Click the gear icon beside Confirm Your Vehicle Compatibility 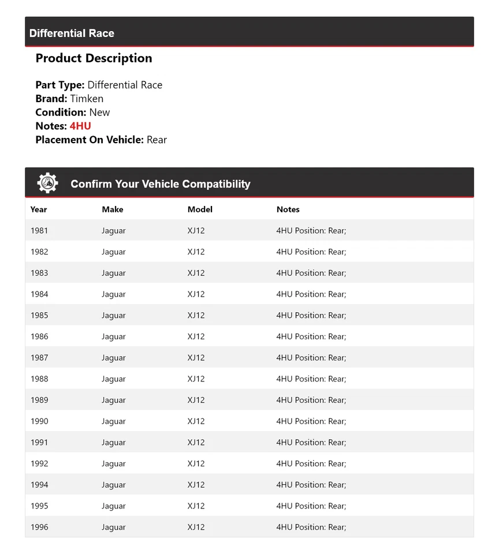coord(47,183)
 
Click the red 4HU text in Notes coord(80,126)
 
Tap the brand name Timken coord(87,99)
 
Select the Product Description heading coord(94,58)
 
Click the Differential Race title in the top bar coord(72,33)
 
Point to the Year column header coord(39,209)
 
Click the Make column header coord(113,209)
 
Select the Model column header coord(200,209)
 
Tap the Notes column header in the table coord(288,209)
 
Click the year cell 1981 coord(39,231)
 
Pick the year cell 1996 coord(39,527)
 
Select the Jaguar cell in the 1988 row coord(114,379)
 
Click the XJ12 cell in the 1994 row coord(196,485)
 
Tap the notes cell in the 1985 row coord(311,316)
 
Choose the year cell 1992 coord(39,463)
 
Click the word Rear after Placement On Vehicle coord(157,140)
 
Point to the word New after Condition coord(99,113)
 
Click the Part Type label coord(60,85)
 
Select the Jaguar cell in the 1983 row coord(114,273)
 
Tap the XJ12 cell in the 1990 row coord(196,421)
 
